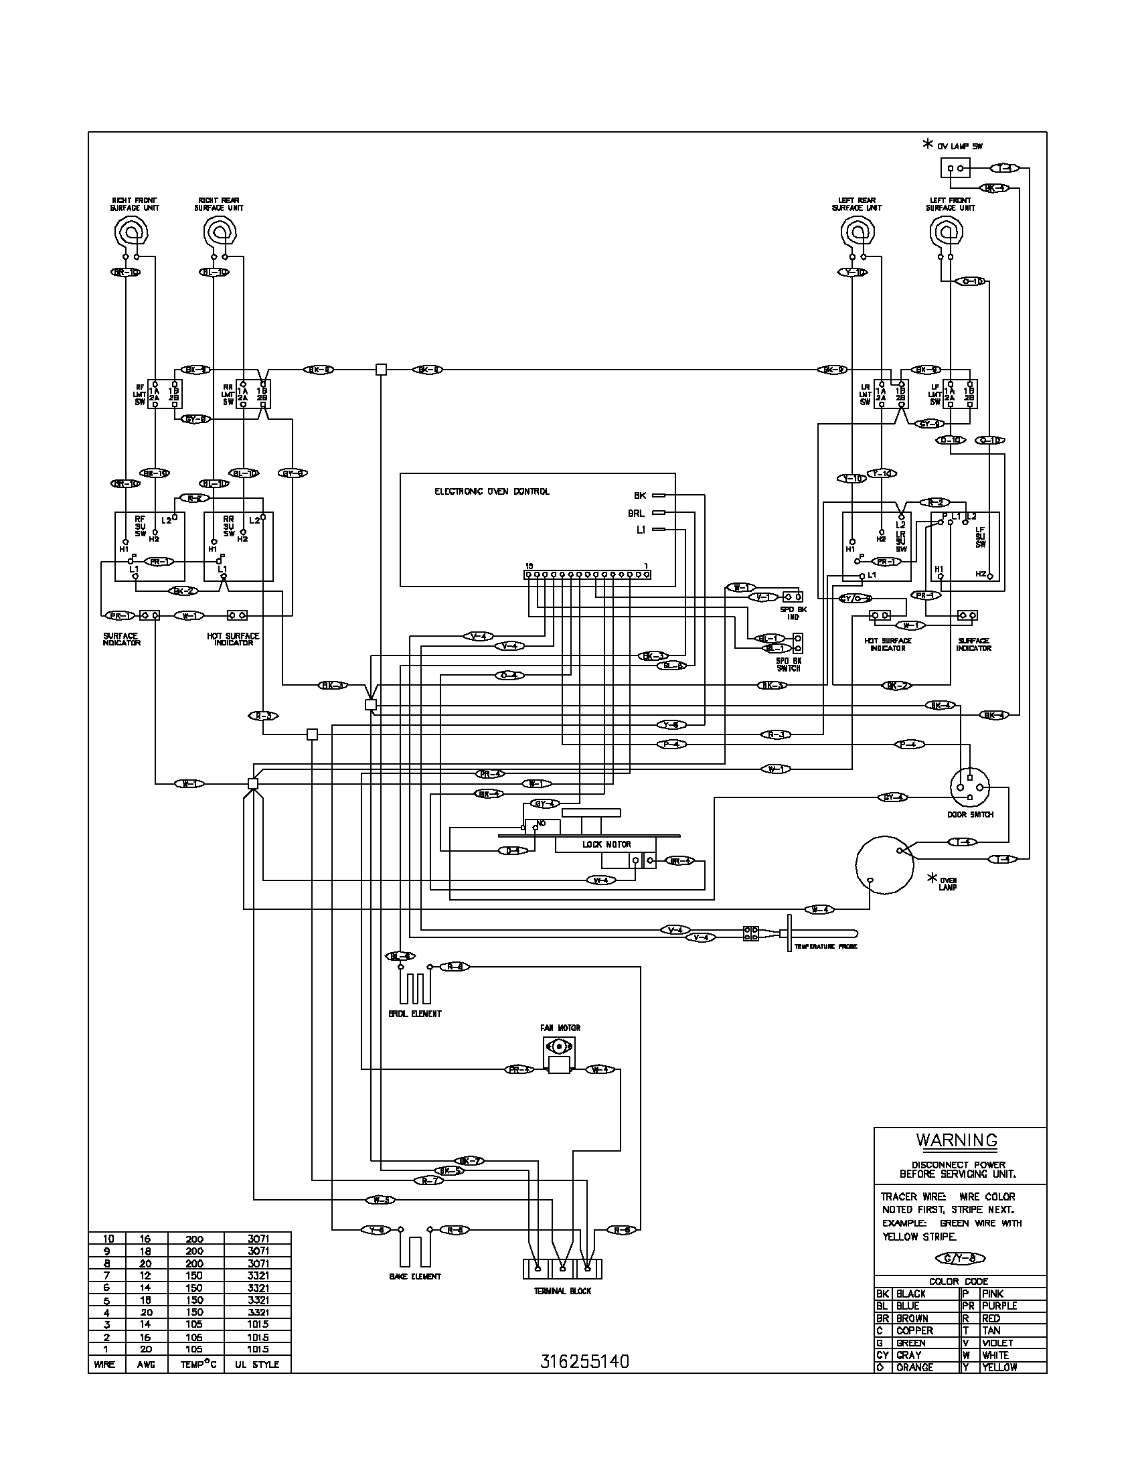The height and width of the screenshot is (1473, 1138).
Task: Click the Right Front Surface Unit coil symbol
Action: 131,234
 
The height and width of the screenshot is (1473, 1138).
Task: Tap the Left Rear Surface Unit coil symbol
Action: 857,234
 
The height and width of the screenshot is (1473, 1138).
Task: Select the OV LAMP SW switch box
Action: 955,168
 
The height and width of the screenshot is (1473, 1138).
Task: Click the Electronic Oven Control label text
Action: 491,491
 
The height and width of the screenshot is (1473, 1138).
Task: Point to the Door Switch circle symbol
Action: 970,787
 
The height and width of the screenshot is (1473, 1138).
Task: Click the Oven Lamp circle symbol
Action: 883,865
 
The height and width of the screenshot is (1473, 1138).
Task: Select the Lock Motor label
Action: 606,844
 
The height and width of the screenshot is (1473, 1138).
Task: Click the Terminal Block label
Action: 562,1291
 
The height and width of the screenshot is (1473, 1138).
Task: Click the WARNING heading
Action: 956,1140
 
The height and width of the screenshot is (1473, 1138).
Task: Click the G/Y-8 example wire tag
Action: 961,1258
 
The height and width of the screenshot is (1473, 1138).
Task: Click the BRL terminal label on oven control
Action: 636,514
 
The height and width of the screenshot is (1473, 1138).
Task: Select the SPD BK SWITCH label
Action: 788,665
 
